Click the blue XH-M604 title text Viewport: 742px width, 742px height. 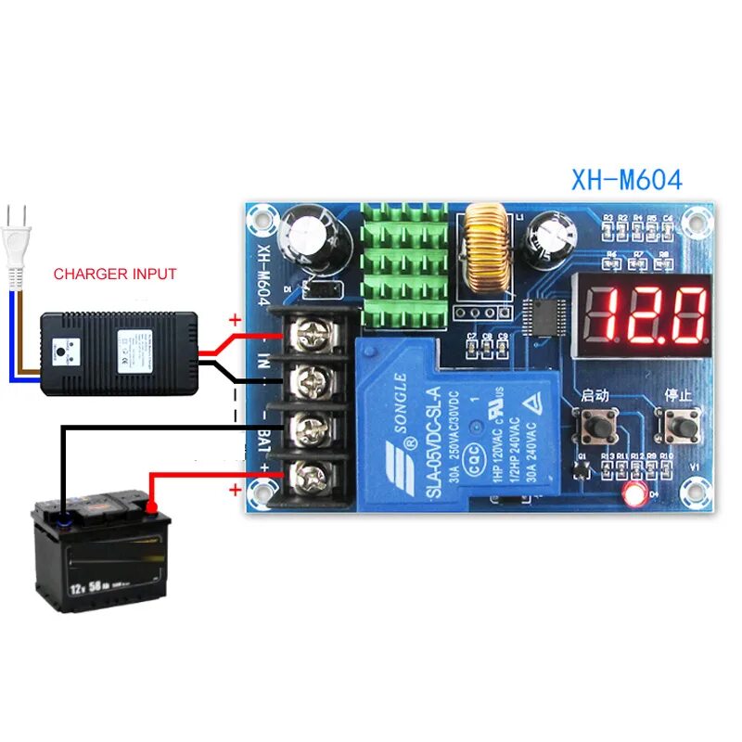[x=614, y=179]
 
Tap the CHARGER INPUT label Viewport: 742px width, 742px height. [x=115, y=274]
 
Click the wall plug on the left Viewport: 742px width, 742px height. [x=17, y=243]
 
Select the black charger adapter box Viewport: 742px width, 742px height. [x=119, y=353]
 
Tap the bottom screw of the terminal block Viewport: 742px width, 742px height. [x=307, y=478]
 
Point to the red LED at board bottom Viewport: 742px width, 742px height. [x=636, y=494]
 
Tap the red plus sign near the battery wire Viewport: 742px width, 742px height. [x=236, y=490]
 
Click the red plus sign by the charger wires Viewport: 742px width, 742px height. [x=235, y=320]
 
